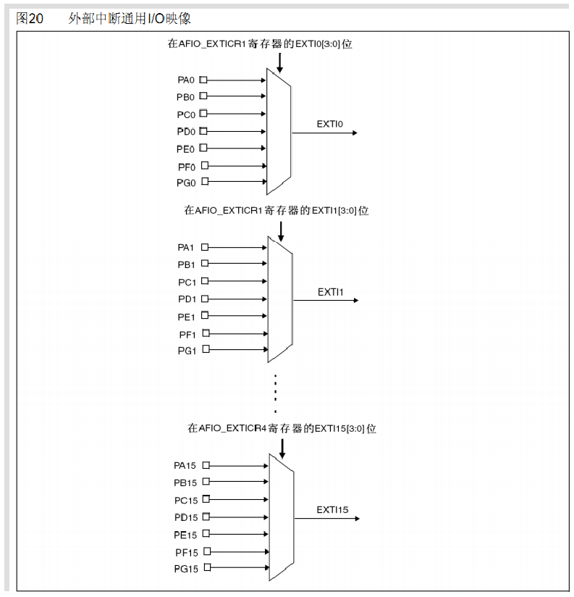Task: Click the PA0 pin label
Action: tap(186, 80)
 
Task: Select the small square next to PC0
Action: tap(203, 114)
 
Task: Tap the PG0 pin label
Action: tap(186, 183)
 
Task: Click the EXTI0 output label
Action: tap(329, 124)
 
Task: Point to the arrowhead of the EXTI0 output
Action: tap(354, 133)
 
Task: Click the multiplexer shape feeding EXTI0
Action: tap(279, 132)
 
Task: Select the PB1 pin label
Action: tap(187, 264)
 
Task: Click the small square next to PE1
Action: tap(205, 316)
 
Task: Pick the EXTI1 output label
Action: tap(330, 292)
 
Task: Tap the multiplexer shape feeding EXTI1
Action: tap(279, 299)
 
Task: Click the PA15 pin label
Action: tap(185, 465)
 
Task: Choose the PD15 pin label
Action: tap(185, 517)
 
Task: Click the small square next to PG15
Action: tap(208, 568)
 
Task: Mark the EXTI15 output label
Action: tap(332, 510)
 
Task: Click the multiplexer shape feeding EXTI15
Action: tap(281, 517)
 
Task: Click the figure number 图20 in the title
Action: tap(30, 18)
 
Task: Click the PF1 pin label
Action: tap(187, 334)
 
